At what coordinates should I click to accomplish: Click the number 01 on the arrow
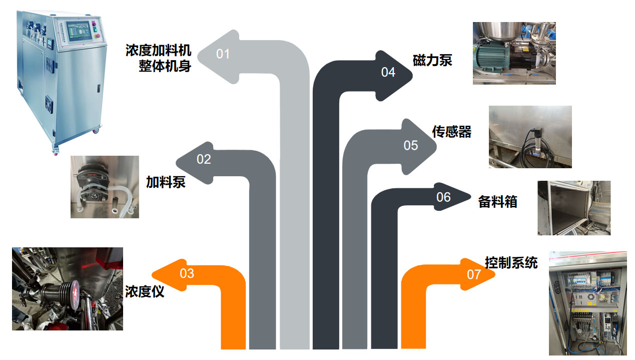point(223,54)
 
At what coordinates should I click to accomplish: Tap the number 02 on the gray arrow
point(204,159)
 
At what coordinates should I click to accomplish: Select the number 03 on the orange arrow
point(187,273)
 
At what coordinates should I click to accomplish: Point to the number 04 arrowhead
point(388,72)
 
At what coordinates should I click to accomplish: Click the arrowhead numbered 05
point(411,145)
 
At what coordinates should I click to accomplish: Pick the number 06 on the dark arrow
point(443,197)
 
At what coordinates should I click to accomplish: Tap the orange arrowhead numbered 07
point(474,274)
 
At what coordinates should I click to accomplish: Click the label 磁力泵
point(432,60)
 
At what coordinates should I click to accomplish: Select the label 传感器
point(451,131)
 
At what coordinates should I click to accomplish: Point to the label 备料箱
point(497,202)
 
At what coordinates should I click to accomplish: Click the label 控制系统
point(511,262)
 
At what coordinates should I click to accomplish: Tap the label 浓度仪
point(145,291)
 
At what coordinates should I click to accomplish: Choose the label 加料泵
point(166,182)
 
